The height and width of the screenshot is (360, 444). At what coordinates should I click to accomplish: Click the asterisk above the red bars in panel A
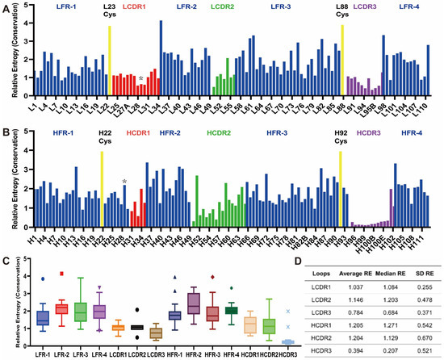(x=140, y=79)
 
